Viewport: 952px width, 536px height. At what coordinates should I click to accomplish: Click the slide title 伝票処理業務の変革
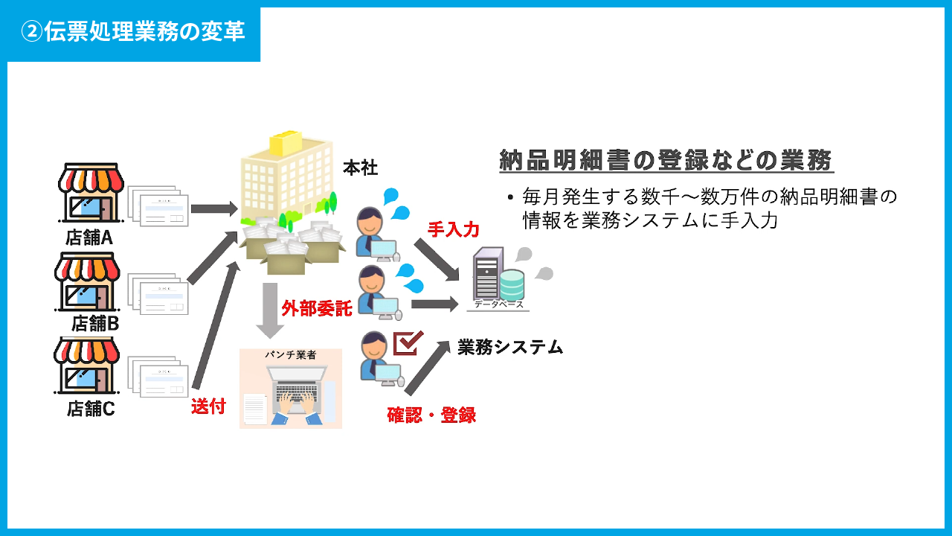pyautogui.click(x=134, y=33)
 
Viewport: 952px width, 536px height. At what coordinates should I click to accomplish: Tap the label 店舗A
pyautogui.click(x=89, y=238)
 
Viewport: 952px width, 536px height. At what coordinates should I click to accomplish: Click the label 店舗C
pyautogui.click(x=91, y=409)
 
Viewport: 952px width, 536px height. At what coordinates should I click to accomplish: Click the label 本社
pyautogui.click(x=361, y=168)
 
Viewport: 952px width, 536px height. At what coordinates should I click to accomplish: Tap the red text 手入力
pyautogui.click(x=453, y=229)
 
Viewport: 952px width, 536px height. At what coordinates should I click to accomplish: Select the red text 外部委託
pyautogui.click(x=316, y=308)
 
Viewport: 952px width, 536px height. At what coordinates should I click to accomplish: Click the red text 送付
pyautogui.click(x=208, y=406)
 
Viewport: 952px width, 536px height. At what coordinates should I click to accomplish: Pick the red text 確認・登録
pyautogui.click(x=431, y=415)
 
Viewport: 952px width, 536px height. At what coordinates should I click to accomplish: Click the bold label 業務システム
pyautogui.click(x=510, y=347)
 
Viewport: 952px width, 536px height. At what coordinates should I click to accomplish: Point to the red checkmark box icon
pyautogui.click(x=408, y=343)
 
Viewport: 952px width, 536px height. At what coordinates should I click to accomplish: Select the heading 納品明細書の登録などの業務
pyautogui.click(x=666, y=161)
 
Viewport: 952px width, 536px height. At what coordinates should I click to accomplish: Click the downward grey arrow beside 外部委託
pyautogui.click(x=268, y=310)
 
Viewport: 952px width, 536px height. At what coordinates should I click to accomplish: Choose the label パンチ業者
pyautogui.click(x=291, y=355)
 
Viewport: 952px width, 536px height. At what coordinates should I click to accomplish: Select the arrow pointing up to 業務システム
pyautogui.click(x=428, y=366)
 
